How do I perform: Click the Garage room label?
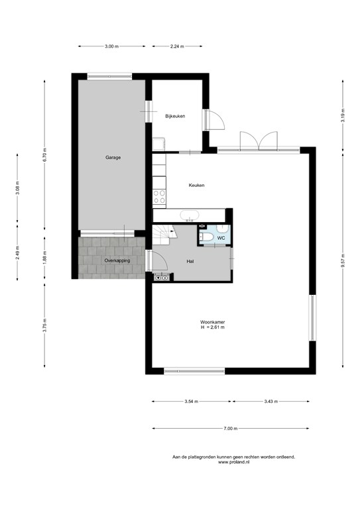coord(113,158)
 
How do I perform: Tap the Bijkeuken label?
coord(175,116)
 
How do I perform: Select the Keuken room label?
coord(197,185)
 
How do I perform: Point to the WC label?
coord(221,238)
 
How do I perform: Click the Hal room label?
coord(190,261)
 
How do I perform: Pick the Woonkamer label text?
coord(212,322)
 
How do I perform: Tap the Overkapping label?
coord(117,260)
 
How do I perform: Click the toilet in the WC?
coord(206,238)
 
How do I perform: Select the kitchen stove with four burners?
coord(159,197)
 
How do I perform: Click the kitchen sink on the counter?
coord(189,215)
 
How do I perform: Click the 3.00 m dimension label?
coord(111,46)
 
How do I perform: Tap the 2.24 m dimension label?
coord(177,46)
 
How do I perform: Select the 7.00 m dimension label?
coord(231,429)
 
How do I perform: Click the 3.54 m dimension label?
coord(191,402)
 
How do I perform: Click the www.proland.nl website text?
coord(234,462)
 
